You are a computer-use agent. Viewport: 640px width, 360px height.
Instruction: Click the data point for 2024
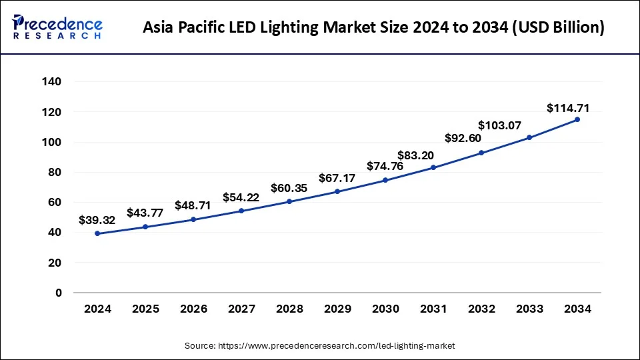click(97, 233)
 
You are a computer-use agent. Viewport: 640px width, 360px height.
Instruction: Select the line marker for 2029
click(337, 191)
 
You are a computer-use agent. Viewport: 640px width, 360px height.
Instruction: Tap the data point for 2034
click(577, 119)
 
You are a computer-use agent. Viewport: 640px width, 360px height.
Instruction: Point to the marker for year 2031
click(433, 167)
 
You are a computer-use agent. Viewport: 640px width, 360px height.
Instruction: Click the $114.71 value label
click(567, 107)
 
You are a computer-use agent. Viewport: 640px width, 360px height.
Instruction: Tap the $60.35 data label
click(289, 188)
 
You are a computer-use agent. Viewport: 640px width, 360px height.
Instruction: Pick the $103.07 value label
click(501, 125)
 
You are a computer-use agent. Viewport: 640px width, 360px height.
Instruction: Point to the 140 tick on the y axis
click(52, 82)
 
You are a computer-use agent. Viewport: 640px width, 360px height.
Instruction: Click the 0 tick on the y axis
click(58, 293)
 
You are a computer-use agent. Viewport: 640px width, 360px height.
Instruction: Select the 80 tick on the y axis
click(55, 172)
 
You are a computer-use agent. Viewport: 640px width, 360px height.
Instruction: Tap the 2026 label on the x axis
click(193, 309)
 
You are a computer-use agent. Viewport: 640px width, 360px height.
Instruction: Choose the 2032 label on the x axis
click(481, 309)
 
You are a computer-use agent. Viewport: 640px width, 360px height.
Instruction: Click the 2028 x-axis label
click(289, 309)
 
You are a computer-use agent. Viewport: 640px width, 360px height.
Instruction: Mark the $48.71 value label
click(193, 205)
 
